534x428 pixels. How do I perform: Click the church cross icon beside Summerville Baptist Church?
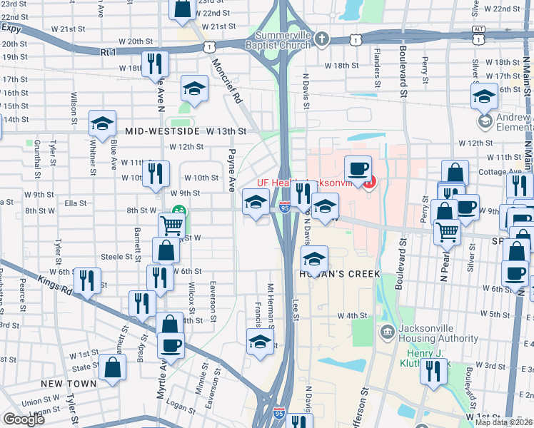pyautogui.click(x=322, y=39)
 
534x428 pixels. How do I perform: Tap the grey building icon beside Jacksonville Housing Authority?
pyautogui.click(x=386, y=330)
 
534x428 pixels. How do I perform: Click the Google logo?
pyautogui.click(x=24, y=419)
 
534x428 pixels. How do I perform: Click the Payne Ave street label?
pyautogui.click(x=231, y=170)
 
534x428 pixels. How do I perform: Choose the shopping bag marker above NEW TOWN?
pyautogui.click(x=113, y=368)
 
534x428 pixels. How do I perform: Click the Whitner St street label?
pyautogui.click(x=94, y=155)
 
